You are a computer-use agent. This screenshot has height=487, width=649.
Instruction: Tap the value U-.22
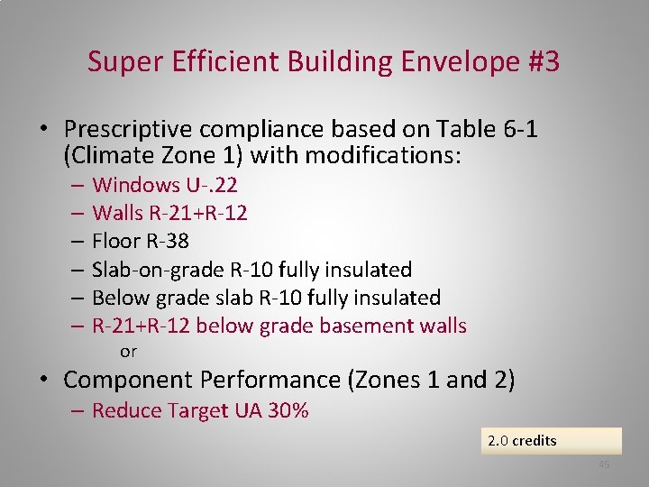pos(212,186)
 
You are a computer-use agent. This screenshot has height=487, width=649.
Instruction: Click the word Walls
pos(118,214)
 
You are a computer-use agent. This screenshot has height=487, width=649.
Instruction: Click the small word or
pos(128,352)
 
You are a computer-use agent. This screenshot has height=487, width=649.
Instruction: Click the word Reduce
pos(123,411)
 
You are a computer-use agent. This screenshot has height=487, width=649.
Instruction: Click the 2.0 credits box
pos(551,441)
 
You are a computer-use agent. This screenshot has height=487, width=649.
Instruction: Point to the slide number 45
pos(604,464)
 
